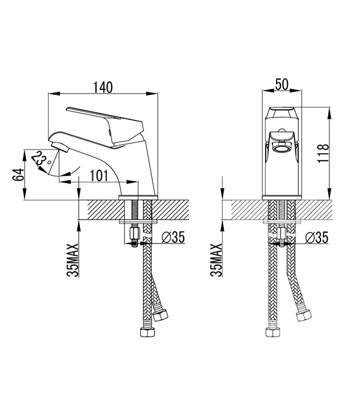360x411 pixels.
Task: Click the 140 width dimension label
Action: tap(103, 87)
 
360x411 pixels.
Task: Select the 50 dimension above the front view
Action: tap(281, 85)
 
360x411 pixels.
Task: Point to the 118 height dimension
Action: tap(323, 153)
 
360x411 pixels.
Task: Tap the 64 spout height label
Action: tap(18, 175)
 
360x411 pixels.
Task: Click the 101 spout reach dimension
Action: tap(99, 176)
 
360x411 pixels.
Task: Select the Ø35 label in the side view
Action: tap(173, 237)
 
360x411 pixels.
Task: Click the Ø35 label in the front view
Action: tap(317, 238)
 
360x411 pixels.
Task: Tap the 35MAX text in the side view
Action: tap(73, 260)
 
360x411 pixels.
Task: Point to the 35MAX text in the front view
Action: tap(216, 260)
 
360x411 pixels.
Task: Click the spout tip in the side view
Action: tap(59, 147)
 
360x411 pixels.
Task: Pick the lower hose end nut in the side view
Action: tap(148, 332)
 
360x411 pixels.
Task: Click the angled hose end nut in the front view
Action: tap(304, 315)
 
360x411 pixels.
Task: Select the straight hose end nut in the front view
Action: tap(272, 332)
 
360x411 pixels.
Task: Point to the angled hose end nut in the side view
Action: tap(160, 315)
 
